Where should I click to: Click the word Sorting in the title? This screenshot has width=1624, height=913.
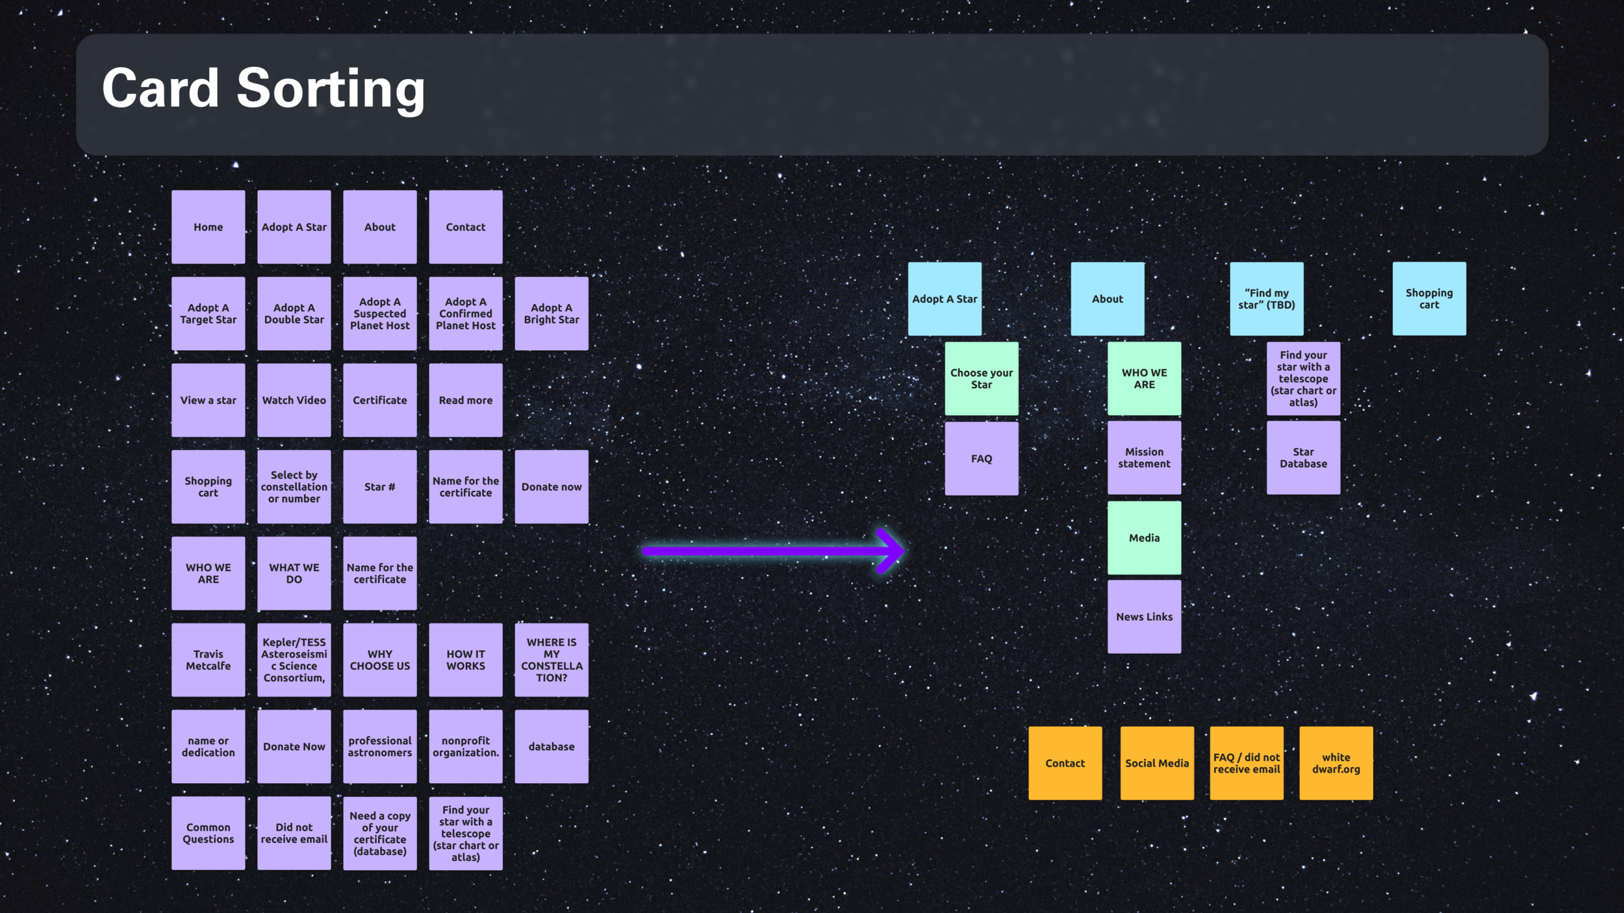tap(330, 89)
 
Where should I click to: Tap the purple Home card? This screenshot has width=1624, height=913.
tap(208, 227)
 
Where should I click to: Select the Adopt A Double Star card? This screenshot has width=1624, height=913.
tap(294, 314)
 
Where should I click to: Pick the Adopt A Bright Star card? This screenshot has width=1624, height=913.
tap(552, 314)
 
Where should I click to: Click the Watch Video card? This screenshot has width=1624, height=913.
tap(294, 400)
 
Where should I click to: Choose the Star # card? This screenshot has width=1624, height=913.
tap(379, 486)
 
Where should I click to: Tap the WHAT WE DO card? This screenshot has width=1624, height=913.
tap(294, 573)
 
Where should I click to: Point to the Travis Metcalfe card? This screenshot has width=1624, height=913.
tap(208, 660)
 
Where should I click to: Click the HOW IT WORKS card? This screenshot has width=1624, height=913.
tap(465, 660)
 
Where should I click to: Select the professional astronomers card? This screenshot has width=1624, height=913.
tap(379, 746)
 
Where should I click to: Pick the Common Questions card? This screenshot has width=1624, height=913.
tap(208, 833)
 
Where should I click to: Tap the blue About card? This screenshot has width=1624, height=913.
tap(1107, 299)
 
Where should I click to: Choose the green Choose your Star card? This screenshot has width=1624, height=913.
tap(981, 379)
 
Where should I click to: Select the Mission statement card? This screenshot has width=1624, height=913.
tap(1144, 458)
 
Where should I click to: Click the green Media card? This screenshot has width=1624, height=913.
tap(1144, 538)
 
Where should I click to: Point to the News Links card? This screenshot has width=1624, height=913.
tap(1144, 616)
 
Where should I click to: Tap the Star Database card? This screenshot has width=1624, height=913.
tap(1303, 458)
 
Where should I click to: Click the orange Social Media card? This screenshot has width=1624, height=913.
tap(1156, 763)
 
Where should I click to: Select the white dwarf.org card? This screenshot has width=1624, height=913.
tap(1336, 763)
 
